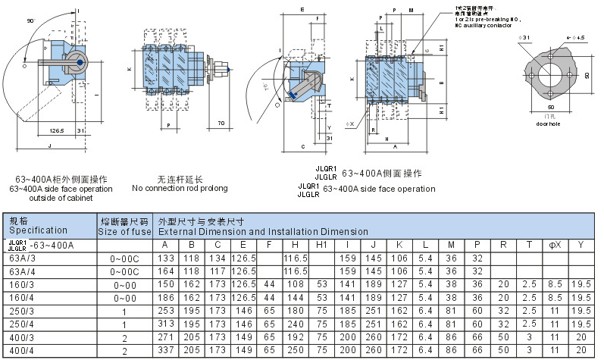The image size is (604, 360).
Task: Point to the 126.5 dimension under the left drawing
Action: [58, 130]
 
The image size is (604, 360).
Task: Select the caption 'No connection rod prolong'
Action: [180, 188]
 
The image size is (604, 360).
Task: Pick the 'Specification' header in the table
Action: [38, 230]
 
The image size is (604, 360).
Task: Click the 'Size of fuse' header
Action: [125, 230]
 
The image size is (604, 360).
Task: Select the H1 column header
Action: [321, 246]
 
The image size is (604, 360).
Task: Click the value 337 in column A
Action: [164, 350]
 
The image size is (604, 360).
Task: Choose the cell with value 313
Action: [164, 324]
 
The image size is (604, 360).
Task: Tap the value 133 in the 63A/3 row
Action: [164, 258]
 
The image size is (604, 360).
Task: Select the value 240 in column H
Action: [294, 324]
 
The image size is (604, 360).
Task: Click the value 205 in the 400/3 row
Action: [191, 337]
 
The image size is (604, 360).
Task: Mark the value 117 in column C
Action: [217, 271]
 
